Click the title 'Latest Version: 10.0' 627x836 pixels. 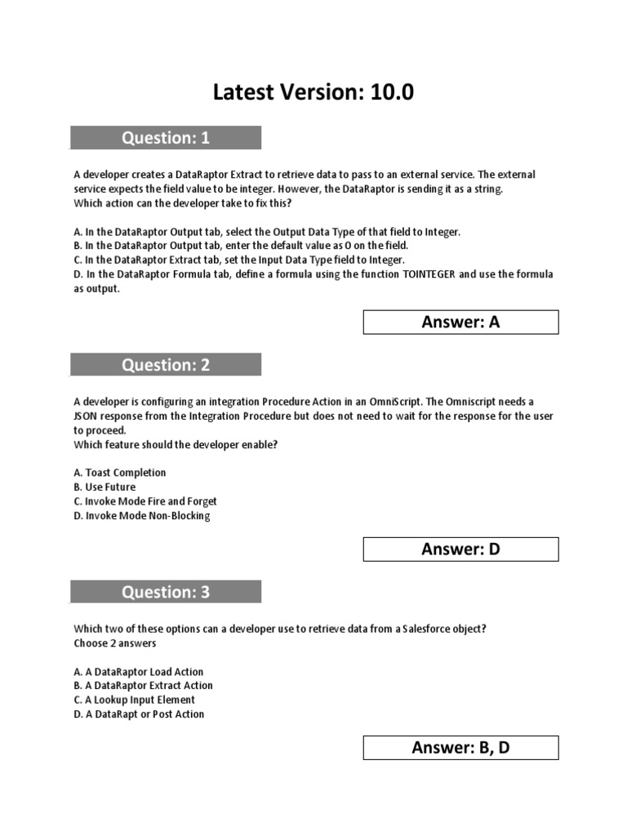313,93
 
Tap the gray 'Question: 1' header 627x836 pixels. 166,138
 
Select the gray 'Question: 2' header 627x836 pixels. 166,365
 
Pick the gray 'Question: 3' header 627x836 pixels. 166,592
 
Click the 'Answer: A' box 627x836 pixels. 460,322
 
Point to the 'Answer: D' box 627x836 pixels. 460,549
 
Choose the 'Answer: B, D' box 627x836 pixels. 460,748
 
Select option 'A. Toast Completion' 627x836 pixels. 119,473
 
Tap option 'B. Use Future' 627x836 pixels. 104,487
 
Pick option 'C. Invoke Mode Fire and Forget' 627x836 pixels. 145,501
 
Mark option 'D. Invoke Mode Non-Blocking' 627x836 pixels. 141,516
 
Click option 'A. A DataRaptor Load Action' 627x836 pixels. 138,672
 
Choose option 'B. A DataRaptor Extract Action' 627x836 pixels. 143,686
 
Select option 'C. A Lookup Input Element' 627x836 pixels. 134,700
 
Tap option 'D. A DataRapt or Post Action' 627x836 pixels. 139,714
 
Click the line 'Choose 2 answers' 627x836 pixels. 115,643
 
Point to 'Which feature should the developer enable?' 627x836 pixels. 176,445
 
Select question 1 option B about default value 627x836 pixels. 241,246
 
